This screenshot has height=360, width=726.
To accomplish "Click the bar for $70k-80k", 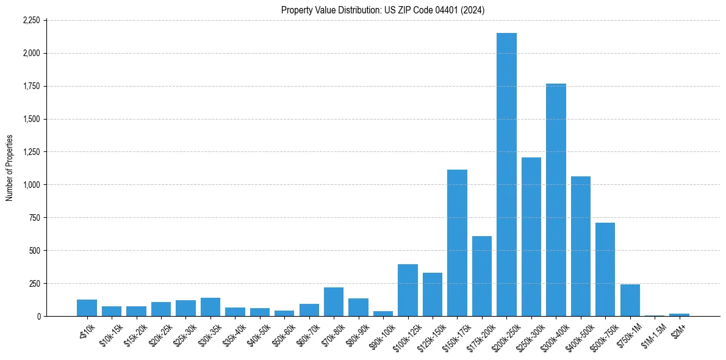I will click(x=334, y=302).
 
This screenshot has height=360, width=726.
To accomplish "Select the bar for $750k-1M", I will click(x=630, y=300).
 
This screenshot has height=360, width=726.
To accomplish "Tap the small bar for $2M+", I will click(x=679, y=315).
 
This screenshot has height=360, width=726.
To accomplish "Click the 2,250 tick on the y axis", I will click(x=31, y=20).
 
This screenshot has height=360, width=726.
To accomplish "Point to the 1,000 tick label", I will click(x=31, y=185).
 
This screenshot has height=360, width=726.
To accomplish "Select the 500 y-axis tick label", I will click(x=35, y=251).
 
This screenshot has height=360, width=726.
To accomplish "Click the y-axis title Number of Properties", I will click(x=10, y=168).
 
